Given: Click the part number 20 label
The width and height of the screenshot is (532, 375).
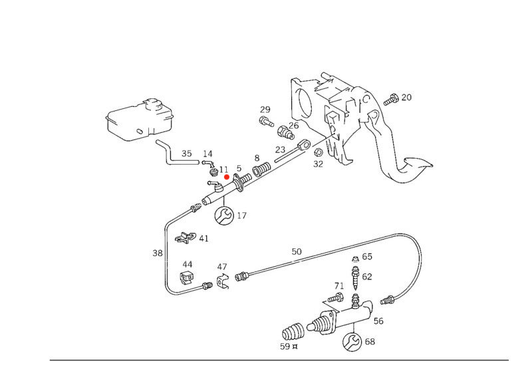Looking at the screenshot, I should click(x=406, y=98).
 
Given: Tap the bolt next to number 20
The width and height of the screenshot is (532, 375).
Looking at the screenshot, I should click(x=391, y=100).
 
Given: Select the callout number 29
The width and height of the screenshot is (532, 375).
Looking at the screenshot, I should click(x=265, y=110).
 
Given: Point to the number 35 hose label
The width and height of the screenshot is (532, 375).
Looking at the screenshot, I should click(x=187, y=154).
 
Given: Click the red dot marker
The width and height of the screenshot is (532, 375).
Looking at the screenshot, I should click(x=226, y=177).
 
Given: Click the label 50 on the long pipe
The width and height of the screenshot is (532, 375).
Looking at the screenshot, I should click(x=297, y=252).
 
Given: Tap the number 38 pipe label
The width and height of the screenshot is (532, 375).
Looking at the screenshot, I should click(x=157, y=253).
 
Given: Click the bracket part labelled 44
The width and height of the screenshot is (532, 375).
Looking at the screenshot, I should click(x=187, y=279).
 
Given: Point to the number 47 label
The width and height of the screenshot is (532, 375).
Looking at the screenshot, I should click(x=222, y=267).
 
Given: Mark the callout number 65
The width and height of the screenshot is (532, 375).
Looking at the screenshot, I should click(x=367, y=256).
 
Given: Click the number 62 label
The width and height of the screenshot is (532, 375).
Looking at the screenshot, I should click(x=367, y=277).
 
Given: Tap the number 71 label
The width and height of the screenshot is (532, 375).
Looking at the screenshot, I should click(x=339, y=286).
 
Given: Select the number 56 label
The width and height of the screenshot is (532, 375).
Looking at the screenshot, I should click(x=378, y=321).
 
